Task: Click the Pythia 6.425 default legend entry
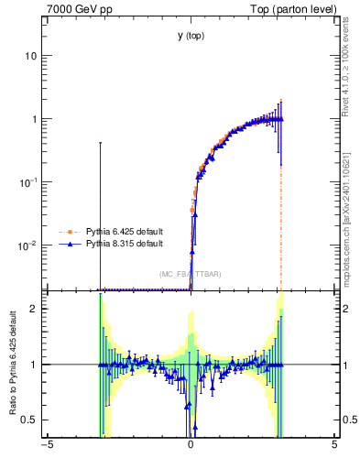coord(125,232)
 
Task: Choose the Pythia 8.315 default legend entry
coord(125,244)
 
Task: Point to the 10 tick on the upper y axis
coord(30,56)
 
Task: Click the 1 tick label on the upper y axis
coord(33,119)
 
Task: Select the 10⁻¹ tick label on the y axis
coord(28,181)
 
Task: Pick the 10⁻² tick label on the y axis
coord(28,245)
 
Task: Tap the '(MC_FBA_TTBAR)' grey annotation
coord(191,274)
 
